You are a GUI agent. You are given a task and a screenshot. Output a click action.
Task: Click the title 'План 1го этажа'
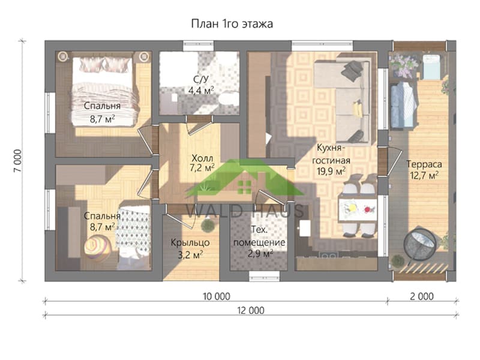[x=232, y=24]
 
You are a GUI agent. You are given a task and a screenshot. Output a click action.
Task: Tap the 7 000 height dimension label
[x=18, y=161]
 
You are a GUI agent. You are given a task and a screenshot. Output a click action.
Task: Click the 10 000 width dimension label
[x=217, y=296]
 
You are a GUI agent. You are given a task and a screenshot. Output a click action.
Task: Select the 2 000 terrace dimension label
[x=422, y=296]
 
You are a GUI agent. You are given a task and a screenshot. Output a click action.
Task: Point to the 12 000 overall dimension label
[x=251, y=310]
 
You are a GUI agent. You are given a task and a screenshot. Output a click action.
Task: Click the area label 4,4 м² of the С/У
[x=201, y=91]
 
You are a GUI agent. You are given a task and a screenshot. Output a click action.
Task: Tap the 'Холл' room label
[x=202, y=158]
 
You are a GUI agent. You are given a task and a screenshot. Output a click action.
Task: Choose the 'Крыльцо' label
[x=190, y=243]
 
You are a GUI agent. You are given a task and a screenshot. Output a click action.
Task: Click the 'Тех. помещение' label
[x=259, y=236]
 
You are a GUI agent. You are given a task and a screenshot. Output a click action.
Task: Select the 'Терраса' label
[x=424, y=164]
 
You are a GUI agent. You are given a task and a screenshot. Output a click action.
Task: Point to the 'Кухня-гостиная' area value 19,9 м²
[x=331, y=171]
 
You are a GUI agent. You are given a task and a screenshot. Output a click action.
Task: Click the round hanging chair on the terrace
[x=419, y=244]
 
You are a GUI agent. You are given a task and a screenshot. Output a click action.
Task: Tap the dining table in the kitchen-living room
[x=357, y=209]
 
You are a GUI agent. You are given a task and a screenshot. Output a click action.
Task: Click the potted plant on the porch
[x=208, y=226]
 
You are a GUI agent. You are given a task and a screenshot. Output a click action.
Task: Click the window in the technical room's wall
[x=264, y=276]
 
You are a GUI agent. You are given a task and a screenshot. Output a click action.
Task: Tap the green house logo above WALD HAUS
[x=244, y=178]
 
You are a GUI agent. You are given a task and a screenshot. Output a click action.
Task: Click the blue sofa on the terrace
[x=403, y=105]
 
